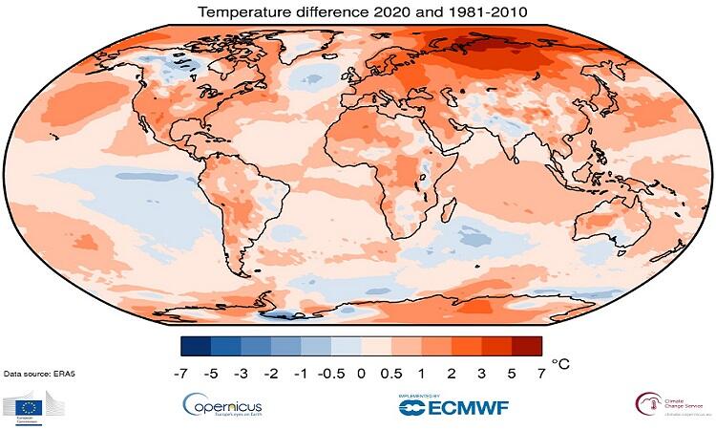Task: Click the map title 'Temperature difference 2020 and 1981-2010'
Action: point(357,12)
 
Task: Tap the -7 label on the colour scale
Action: point(179,375)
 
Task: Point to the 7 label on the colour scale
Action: point(542,375)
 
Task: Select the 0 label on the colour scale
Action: point(361,375)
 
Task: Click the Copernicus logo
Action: point(221,406)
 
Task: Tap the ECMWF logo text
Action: point(453,407)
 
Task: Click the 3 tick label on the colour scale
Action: point(482,375)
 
